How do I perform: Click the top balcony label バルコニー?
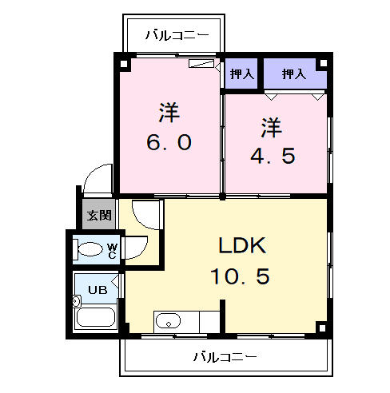[177, 35]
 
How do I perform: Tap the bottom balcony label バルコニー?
[225, 356]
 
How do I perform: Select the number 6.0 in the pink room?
[169, 142]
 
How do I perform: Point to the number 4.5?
[273, 156]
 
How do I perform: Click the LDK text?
[242, 245]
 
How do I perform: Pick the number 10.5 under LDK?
[241, 276]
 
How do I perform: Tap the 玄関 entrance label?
[99, 215]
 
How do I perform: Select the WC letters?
[112, 251]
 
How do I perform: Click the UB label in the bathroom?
[97, 290]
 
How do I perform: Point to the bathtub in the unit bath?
[96, 317]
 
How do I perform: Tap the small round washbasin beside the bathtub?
[77, 301]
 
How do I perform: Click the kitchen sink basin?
[168, 321]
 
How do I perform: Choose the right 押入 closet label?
[294, 73]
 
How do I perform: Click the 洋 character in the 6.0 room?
[169, 112]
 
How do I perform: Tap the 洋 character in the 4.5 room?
[272, 127]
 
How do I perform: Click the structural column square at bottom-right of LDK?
[322, 328]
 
